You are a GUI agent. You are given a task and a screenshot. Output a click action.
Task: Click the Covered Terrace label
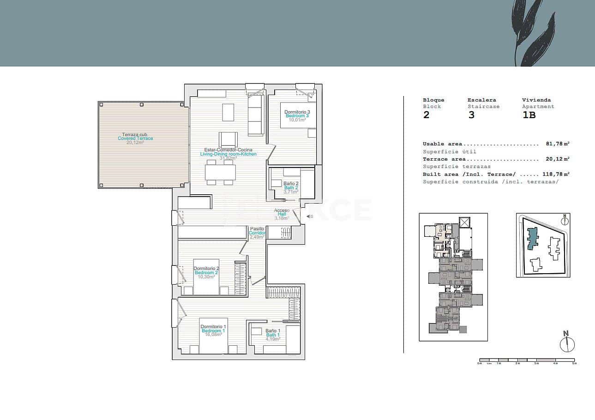pyautogui.click(x=135, y=138)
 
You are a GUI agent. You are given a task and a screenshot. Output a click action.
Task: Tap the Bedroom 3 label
pyautogui.click(x=297, y=116)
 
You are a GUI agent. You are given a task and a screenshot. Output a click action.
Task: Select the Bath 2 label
pyautogui.click(x=291, y=187)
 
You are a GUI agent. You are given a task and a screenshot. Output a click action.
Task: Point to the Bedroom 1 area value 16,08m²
pyautogui.click(x=213, y=335)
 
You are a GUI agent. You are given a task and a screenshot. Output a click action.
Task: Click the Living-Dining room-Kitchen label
pyautogui.click(x=228, y=154)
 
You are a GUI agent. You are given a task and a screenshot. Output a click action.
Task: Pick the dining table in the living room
pyautogui.click(x=221, y=173)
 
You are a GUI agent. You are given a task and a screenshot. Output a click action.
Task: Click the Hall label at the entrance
pyautogui.click(x=282, y=214)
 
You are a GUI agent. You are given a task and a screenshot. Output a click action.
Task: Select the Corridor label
pyautogui.click(x=257, y=233)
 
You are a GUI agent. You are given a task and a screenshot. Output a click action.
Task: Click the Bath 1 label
pyautogui.click(x=273, y=335)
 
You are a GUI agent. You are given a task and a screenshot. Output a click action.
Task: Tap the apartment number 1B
pyautogui.click(x=529, y=115)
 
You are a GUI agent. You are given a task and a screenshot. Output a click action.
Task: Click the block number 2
pyautogui.click(x=426, y=115)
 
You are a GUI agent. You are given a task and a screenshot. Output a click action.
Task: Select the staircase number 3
pyautogui.click(x=471, y=115)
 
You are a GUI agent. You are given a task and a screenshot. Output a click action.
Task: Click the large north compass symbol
pyautogui.click(x=567, y=344)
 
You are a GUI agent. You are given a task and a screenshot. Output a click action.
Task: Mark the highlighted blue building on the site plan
pyautogui.click(x=533, y=238)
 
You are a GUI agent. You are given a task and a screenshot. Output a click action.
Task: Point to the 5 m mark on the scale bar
pyautogui.click(x=574, y=363)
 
